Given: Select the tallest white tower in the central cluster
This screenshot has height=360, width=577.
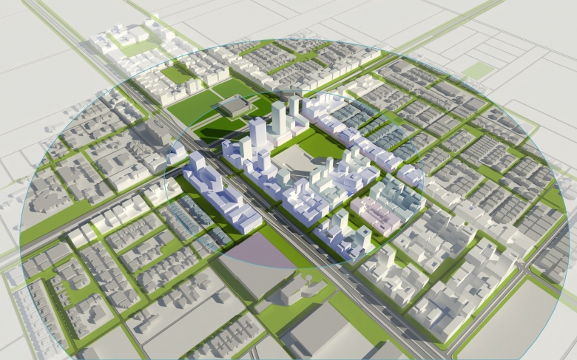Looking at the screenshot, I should [x=279, y=118].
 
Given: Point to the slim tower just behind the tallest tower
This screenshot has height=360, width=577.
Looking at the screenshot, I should [x=294, y=107].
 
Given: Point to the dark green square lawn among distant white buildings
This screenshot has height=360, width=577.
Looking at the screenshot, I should [x=177, y=75].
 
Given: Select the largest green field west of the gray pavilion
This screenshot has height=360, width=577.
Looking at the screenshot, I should [x=194, y=108].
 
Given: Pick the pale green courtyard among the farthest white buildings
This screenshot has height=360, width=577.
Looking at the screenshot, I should [x=137, y=47].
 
